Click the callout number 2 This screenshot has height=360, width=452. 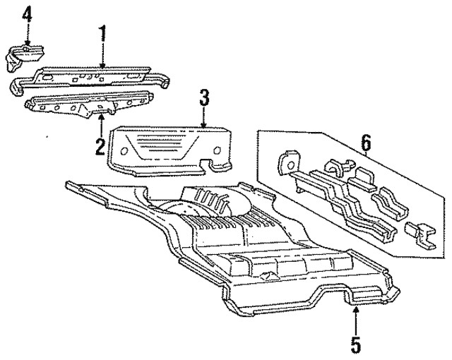(x=100, y=147)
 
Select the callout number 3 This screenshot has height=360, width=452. (x=204, y=97)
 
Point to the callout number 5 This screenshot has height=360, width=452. (x=355, y=345)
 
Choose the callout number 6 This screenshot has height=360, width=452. (x=366, y=144)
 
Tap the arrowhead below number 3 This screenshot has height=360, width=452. (x=204, y=127)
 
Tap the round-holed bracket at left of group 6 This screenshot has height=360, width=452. (x=286, y=162)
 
